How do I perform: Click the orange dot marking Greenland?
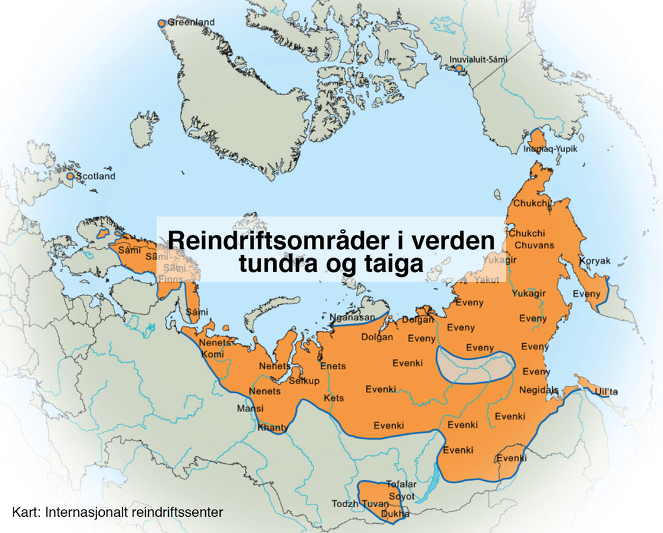click(x=161, y=23)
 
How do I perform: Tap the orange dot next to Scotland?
click(x=71, y=176)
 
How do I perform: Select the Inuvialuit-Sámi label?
click(x=478, y=60)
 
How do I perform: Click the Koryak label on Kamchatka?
click(x=594, y=261)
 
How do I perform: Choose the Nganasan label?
click(x=352, y=318)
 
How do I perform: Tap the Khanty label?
click(x=273, y=428)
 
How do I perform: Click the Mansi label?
click(x=250, y=408)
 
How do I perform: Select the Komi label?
click(x=212, y=354)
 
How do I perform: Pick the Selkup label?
click(x=304, y=381)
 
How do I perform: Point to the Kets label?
click(x=333, y=398)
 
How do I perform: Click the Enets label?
click(x=333, y=366)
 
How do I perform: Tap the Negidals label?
click(x=539, y=390)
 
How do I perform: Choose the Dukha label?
click(x=396, y=514)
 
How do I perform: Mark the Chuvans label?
click(x=534, y=245)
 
